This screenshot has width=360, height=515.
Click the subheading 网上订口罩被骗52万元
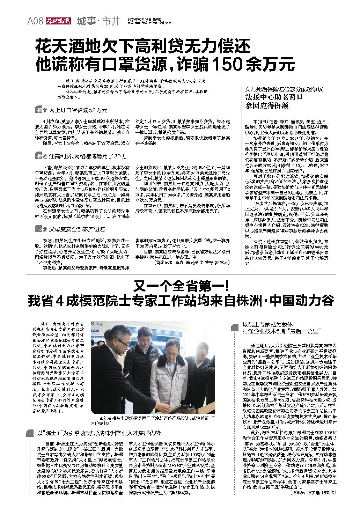[x=78, y=110]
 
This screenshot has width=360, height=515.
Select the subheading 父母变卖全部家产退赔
[x=77, y=229]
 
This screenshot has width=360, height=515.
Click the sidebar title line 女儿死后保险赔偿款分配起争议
[x=285, y=89]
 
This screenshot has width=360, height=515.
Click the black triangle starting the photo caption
[x=101, y=418]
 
